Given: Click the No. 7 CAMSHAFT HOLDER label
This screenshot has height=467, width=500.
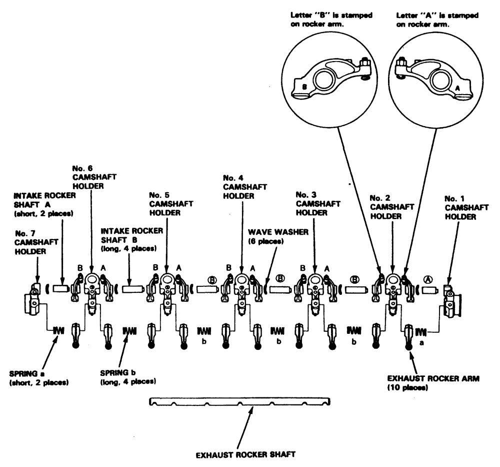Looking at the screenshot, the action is tap(36, 242).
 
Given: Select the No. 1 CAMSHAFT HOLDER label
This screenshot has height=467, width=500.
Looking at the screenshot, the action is tap(466, 208).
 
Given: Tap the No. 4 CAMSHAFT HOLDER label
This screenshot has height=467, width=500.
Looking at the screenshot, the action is tap(244, 187).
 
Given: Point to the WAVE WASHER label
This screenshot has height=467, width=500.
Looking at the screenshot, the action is tap(278, 237).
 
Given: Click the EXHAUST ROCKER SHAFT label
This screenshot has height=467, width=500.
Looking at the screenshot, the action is tap(245, 454).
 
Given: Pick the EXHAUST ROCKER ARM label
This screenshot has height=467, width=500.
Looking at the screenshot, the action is tap(433, 383).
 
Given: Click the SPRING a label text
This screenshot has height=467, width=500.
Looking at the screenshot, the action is tap(38, 377).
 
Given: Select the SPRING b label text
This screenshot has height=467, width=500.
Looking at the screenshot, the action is tap(128, 377).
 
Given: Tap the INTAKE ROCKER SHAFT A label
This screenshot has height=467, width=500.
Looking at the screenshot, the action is tap(44, 204).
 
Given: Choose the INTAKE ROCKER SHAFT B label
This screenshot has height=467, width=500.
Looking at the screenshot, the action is tap(131, 239).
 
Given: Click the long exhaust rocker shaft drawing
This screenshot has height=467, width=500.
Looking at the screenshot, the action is tap(240, 401).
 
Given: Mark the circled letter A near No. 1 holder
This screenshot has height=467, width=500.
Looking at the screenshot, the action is tap(428, 280).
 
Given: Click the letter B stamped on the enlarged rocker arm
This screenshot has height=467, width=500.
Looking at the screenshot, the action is tap(304, 87).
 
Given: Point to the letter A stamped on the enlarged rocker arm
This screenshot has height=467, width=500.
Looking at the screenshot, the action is tap(457, 89).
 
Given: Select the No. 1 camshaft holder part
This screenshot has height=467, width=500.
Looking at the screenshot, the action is tap(450, 301).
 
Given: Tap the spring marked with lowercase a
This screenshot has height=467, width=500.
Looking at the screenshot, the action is tap(421, 332).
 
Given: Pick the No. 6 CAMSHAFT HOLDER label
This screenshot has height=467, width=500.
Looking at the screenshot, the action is tap(94, 177).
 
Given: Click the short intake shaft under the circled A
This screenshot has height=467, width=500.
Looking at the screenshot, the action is tap(430, 290).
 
